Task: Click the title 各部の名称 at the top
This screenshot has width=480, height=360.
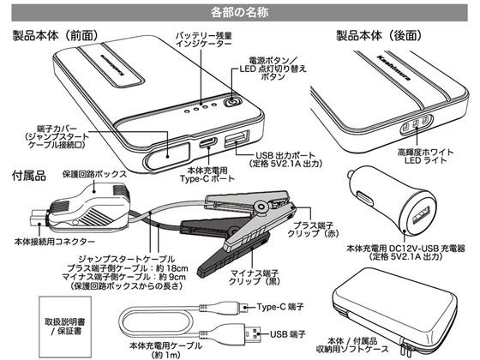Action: pyautogui.click(x=239, y=11)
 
